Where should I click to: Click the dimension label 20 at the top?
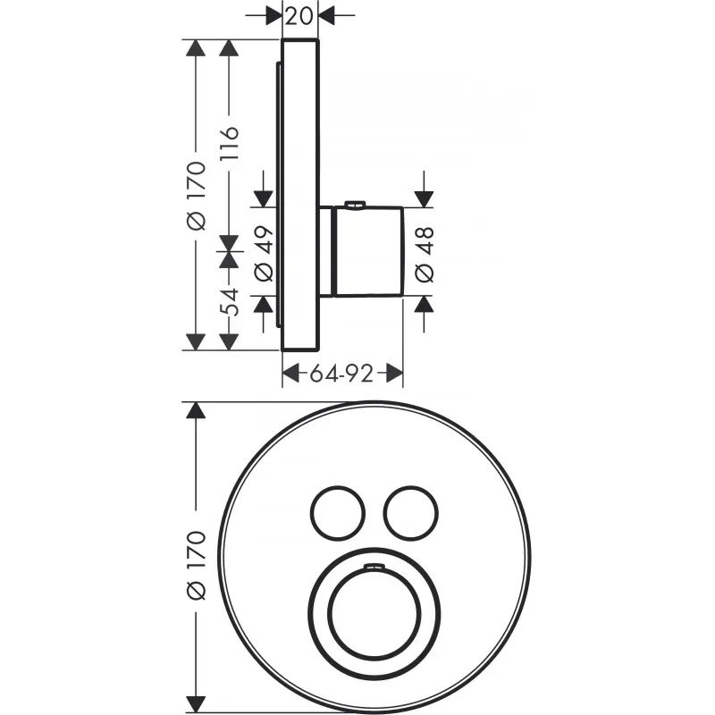(x=300, y=14)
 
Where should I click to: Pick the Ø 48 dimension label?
(x=425, y=252)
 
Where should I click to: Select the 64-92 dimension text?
(x=341, y=373)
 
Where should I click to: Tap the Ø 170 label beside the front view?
(x=197, y=564)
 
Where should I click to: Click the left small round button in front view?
(x=337, y=511)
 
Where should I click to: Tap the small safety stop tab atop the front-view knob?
(x=374, y=568)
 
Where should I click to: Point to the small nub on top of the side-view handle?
(x=355, y=206)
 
